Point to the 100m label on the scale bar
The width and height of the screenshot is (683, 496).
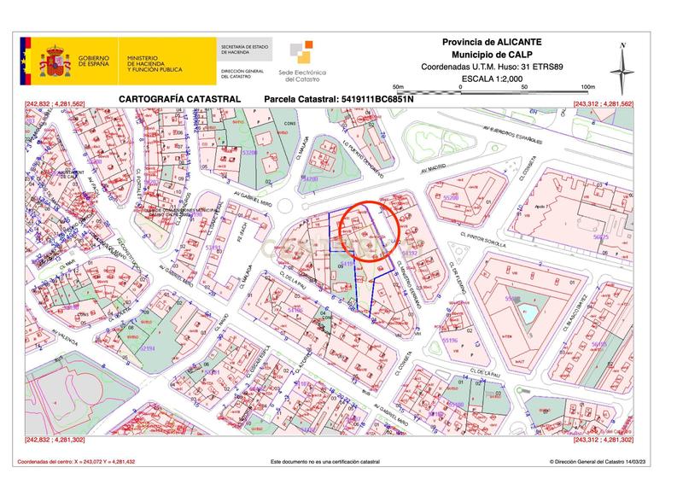(587, 87)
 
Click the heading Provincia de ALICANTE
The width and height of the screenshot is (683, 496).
(492, 42)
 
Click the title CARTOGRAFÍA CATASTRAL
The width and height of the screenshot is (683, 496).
(179, 100)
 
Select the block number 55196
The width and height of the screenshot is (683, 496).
(449, 340)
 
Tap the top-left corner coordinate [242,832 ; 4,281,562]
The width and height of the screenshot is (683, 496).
(59, 104)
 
